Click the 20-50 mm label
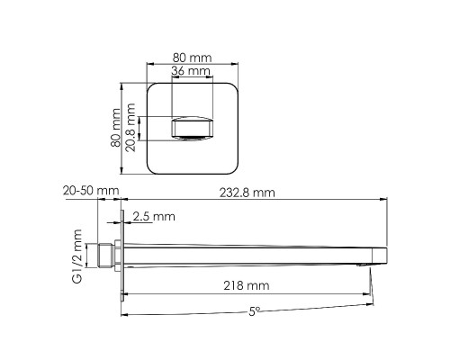91,191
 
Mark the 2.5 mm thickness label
153,216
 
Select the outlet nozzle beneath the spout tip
364,263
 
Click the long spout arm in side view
252,251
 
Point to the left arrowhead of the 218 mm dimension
126,294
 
